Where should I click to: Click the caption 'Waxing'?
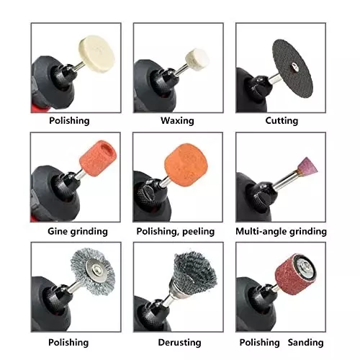[177, 121]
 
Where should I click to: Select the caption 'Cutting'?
[281, 121]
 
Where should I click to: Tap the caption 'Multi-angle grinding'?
[281, 231]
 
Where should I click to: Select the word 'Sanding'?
[305, 342]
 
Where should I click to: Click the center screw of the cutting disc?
[289, 72]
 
